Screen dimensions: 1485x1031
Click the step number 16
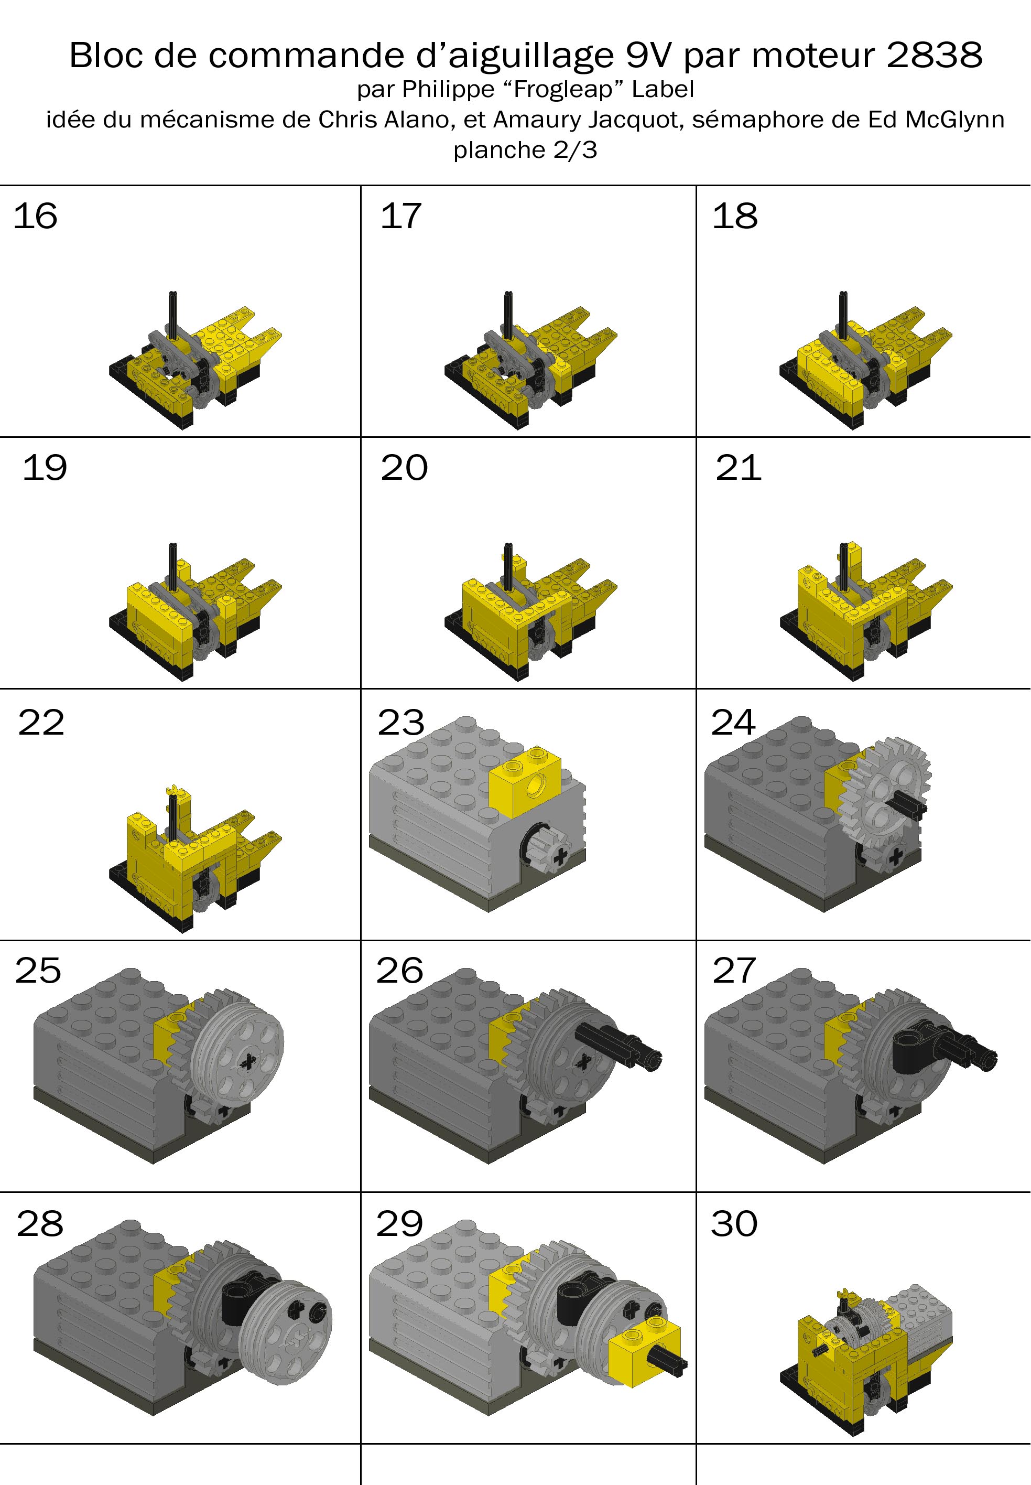[x=35, y=216]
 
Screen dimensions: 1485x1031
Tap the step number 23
[x=400, y=722]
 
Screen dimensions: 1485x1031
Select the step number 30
[x=734, y=1223]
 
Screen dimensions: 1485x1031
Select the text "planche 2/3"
[x=525, y=150]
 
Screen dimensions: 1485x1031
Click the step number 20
[x=404, y=468]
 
